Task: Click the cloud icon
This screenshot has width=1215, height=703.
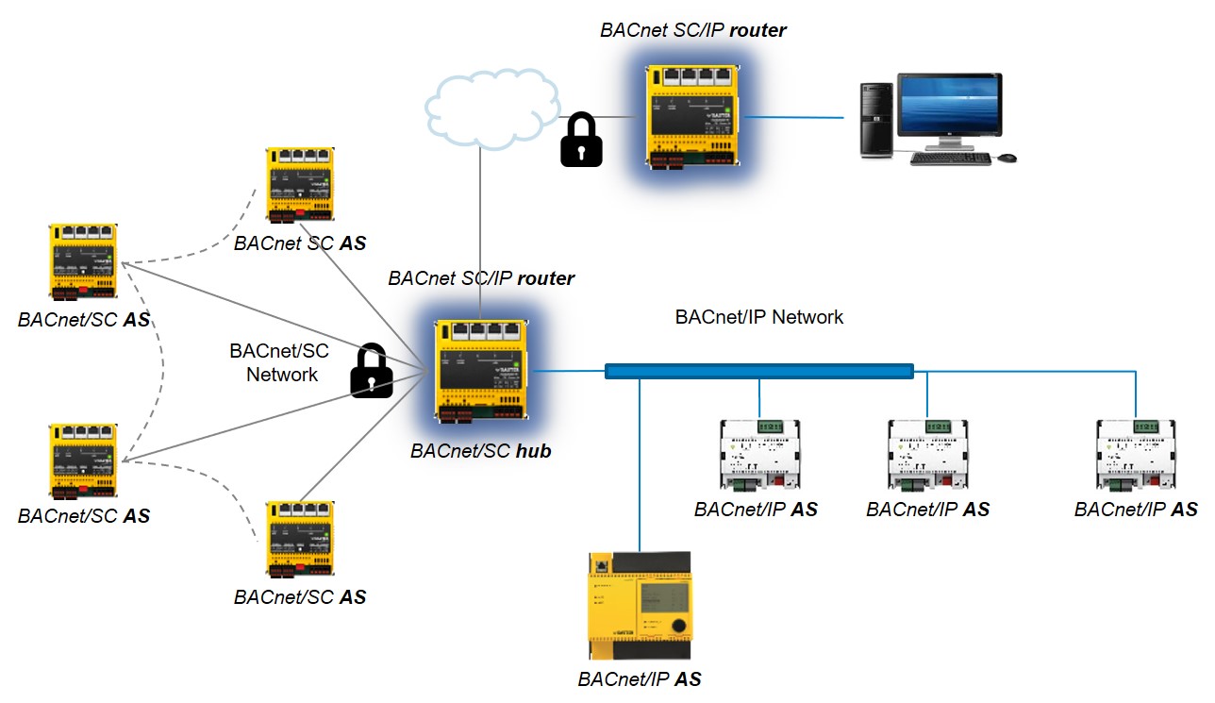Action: [490, 109]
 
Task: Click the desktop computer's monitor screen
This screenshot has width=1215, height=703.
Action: [949, 109]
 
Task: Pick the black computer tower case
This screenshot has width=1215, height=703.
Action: [875, 120]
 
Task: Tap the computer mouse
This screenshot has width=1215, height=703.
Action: [1007, 158]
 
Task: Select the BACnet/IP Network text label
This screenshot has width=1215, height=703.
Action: [759, 317]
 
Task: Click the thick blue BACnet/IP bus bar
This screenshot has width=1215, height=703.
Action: [759, 372]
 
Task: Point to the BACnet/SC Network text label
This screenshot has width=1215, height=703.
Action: [280, 363]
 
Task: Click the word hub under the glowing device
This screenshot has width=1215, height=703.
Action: [533, 451]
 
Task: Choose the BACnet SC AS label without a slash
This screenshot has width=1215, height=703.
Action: [299, 243]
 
